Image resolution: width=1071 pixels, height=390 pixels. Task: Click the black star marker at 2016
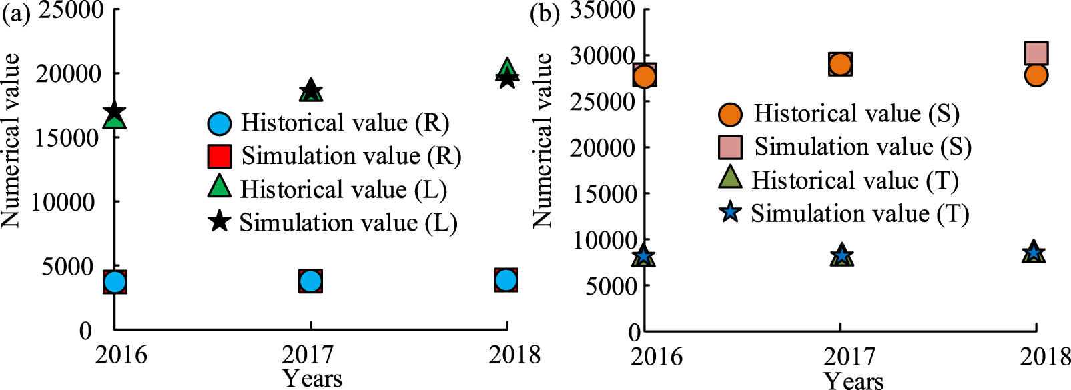click(x=114, y=111)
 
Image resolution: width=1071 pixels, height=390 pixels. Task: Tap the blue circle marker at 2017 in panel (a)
click(x=310, y=281)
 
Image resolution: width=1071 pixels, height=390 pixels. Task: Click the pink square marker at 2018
click(x=1036, y=53)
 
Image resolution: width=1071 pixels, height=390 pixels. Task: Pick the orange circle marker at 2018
click(x=1036, y=75)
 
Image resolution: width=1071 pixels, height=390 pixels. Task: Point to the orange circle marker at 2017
click(x=840, y=65)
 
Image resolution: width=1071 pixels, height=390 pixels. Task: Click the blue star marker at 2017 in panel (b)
click(x=841, y=254)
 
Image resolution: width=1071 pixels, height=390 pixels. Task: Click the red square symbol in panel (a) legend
click(x=220, y=156)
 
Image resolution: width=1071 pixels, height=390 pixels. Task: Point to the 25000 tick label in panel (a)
click(x=70, y=10)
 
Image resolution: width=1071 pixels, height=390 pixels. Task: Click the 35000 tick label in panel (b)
click(x=602, y=10)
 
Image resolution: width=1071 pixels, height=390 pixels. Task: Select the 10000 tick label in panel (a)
click(x=63, y=201)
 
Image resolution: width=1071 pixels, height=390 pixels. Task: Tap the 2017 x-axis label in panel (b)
click(x=849, y=357)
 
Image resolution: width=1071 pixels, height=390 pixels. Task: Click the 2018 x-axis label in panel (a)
click(x=514, y=354)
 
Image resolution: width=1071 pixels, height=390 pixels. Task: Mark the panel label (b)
click(x=545, y=13)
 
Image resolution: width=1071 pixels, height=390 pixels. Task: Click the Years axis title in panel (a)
click(x=312, y=379)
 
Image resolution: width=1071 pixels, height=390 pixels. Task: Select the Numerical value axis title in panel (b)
click(x=542, y=140)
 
